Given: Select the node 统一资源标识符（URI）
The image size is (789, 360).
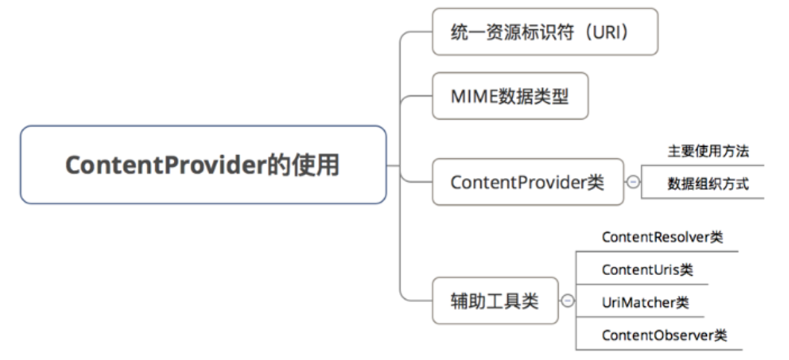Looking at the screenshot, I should (544, 31).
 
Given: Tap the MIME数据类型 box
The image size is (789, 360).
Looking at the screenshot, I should (510, 95).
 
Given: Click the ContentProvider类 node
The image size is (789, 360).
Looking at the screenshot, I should (527, 182).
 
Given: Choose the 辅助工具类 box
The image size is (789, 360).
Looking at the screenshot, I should (494, 301).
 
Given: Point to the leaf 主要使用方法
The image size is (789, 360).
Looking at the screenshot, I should (707, 151).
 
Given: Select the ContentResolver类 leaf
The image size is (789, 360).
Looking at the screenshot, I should (661, 237).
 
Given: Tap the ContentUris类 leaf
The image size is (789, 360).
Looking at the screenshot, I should (647, 270).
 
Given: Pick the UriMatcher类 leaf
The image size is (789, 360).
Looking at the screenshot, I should (645, 303).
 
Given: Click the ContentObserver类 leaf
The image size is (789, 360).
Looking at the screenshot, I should (664, 335).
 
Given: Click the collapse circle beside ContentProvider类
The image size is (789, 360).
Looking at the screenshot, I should (633, 183).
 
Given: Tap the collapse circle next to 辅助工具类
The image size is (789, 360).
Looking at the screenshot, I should (568, 301).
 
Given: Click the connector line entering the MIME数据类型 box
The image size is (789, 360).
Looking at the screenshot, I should (418, 95).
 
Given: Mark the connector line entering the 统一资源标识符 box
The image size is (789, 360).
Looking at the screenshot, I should (418, 32).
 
